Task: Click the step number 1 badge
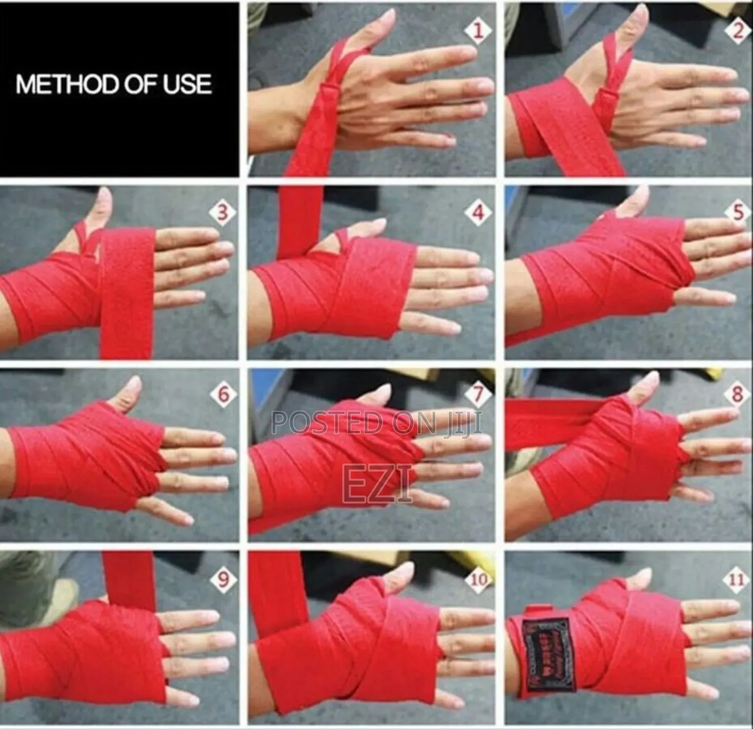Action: pos(478,31)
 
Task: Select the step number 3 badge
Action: pos(221,212)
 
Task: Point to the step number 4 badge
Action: pos(478,213)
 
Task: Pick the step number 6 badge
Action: pos(223,394)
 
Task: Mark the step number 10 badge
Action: pos(478,579)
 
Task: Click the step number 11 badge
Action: pos(737,579)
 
